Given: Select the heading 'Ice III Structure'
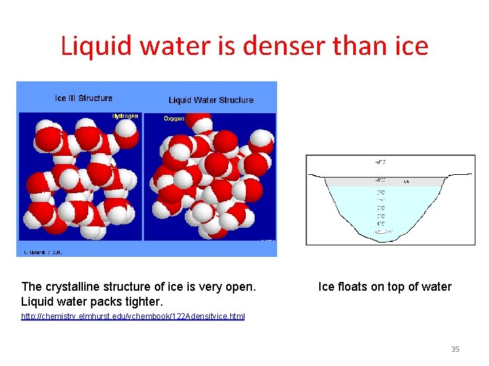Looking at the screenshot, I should coord(84,98).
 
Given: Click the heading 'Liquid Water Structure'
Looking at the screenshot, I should coord(211,100).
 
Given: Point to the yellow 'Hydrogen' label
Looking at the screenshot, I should coord(125,116).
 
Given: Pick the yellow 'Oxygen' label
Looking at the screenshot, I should coord(174,119).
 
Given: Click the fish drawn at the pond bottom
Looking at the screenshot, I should coord(384,232).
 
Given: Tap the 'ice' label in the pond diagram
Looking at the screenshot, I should coord(406,181).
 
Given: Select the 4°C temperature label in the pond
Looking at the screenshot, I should coord(380,224).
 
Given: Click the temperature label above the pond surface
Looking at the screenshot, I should coord(380,162).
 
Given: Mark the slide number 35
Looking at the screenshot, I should coord(455,349).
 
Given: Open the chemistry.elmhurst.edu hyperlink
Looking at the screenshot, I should coord(133,317).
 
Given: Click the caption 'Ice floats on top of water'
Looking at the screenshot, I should coord(384,287).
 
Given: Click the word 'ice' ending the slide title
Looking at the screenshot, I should coord(410,46).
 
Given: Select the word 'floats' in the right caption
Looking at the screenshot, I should coord(352,287).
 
